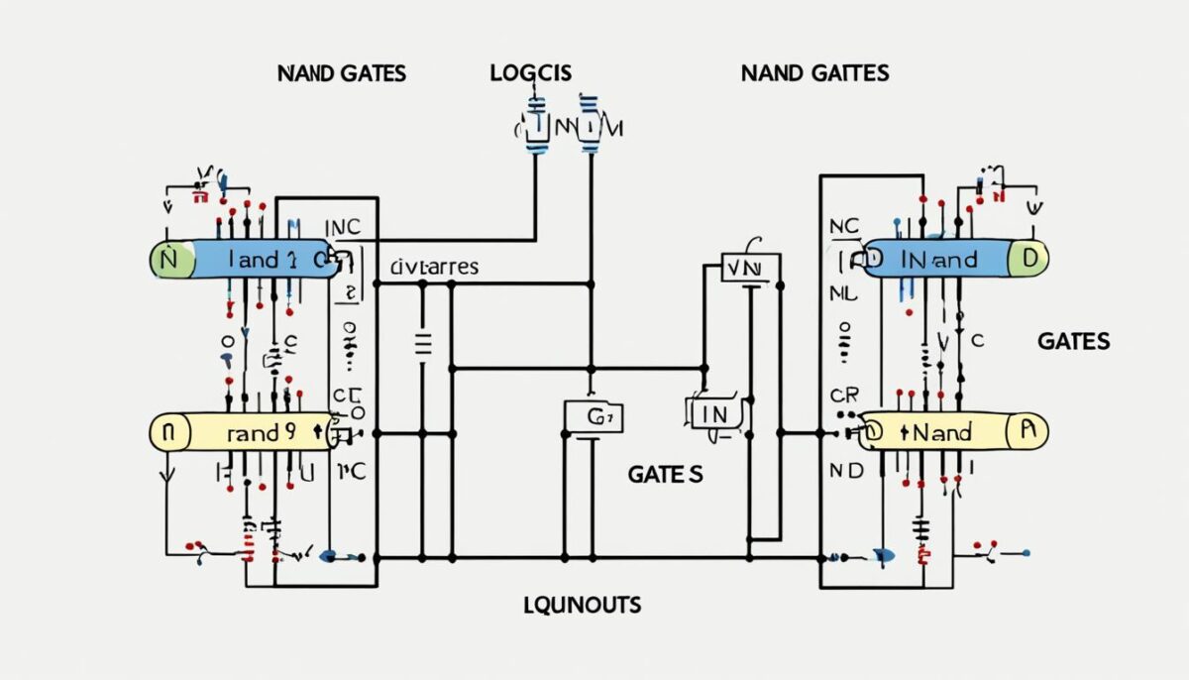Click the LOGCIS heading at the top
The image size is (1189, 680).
pyautogui.click(x=530, y=73)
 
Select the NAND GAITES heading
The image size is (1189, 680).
pyautogui.click(x=814, y=73)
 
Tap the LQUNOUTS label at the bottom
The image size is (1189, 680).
pyautogui.click(x=582, y=604)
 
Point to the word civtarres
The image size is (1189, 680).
pyautogui.click(x=434, y=267)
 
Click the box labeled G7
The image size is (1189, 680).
pyautogui.click(x=594, y=416)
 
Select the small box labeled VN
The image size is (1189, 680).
pyautogui.click(x=744, y=268)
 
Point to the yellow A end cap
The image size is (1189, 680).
pyautogui.click(x=1027, y=431)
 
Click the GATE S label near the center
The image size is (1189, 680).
pyautogui.click(x=665, y=475)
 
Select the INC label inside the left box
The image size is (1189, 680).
pyautogui.click(x=343, y=227)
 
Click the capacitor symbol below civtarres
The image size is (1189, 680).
pyautogui.click(x=423, y=344)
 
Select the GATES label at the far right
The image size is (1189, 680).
pyautogui.click(x=1073, y=341)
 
